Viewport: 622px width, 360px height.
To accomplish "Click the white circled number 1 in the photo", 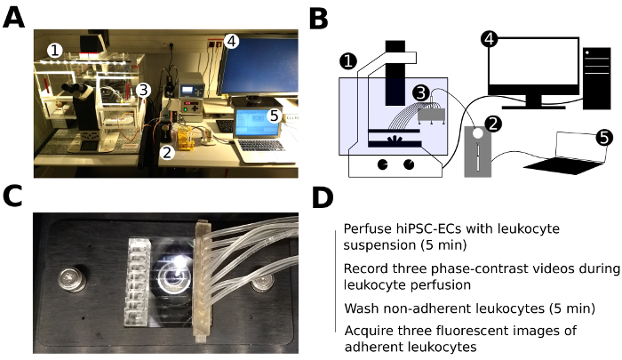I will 55,52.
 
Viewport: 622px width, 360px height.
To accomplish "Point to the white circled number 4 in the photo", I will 231,40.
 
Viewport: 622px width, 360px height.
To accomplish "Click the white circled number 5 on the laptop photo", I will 275,115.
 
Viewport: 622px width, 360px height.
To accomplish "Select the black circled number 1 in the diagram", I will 349,62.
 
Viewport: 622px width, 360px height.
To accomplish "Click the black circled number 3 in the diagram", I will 420,92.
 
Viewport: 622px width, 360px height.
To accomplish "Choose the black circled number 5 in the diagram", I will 603,138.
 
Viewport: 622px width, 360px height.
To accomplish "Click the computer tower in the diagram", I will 594,76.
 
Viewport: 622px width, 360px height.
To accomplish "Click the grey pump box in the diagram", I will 477,152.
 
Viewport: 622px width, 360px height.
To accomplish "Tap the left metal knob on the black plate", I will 68,276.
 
